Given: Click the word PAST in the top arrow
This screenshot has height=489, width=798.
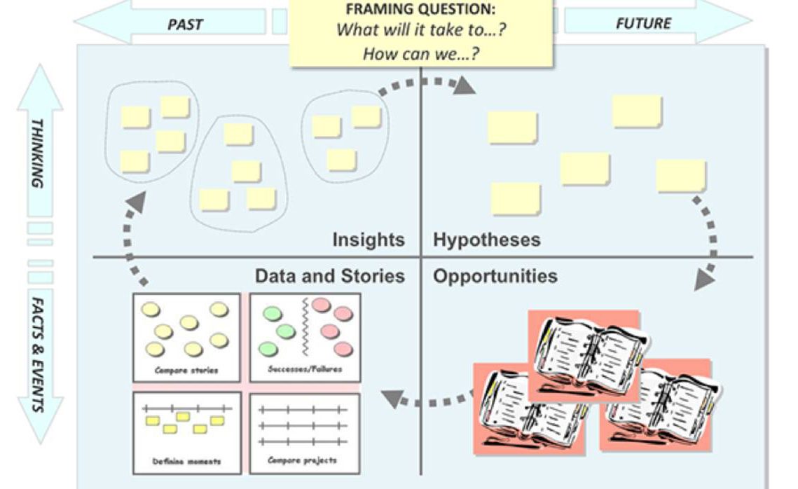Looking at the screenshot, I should pos(185,25).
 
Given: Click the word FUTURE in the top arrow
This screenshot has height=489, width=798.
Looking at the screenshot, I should pos(643,23).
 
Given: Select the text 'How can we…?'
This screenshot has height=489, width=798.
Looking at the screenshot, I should pos(420,54).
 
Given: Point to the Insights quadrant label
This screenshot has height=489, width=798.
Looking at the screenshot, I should pos(369,240).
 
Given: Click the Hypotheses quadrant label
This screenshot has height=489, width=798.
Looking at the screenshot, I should pos(487,240).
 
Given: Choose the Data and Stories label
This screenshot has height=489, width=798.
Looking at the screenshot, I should pos(329,276).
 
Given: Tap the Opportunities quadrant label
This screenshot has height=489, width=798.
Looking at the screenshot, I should pos(495,276).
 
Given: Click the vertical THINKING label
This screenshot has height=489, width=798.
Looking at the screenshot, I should pos(38,153).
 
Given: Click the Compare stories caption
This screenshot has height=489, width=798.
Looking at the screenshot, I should pos(186,370).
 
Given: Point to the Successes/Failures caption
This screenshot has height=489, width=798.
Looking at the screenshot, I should pos(305,369).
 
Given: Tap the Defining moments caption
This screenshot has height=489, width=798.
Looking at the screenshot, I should pos(186,462).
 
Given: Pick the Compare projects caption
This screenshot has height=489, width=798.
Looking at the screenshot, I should pos(303,460).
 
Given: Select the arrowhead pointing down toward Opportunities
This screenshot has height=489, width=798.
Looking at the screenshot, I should pos(704,281).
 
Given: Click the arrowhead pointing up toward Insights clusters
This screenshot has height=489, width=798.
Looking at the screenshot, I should pos(137,201).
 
